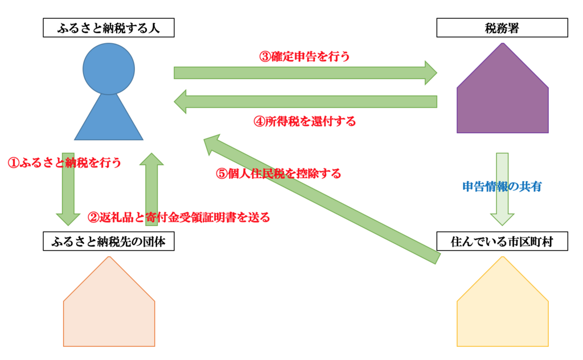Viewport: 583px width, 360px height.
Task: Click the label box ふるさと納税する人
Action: click(x=108, y=28)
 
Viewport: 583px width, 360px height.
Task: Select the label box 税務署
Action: click(x=502, y=28)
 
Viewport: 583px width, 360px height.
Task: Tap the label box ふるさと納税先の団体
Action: click(x=108, y=242)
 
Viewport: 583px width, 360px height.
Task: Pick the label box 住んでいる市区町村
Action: click(x=502, y=242)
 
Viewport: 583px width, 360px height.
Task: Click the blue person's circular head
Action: click(x=109, y=68)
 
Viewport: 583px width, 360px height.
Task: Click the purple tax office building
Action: click(x=502, y=97)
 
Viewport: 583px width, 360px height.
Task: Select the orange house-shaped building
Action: click(x=109, y=310)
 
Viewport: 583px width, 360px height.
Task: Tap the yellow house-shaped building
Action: click(x=502, y=310)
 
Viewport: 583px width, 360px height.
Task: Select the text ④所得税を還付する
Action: click(x=304, y=121)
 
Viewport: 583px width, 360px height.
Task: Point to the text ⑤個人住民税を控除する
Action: click(x=279, y=174)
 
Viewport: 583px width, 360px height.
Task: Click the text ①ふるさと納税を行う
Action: click(x=64, y=162)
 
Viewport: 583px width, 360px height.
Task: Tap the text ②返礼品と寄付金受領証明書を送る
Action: click(x=178, y=217)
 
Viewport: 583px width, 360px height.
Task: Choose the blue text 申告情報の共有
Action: click(x=502, y=186)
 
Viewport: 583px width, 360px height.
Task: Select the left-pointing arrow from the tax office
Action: click(x=305, y=101)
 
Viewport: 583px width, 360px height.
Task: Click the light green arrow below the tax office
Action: click(x=502, y=188)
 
